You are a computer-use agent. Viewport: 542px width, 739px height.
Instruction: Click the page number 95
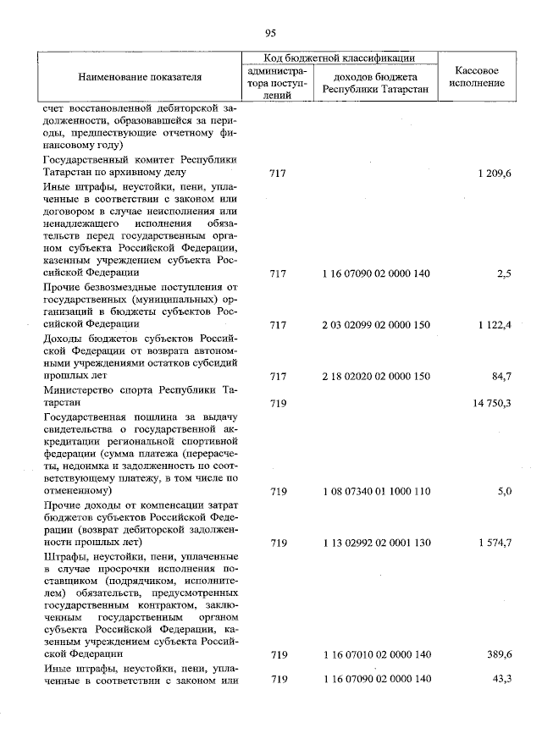(270, 33)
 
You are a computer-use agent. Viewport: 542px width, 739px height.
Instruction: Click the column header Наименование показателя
(140, 77)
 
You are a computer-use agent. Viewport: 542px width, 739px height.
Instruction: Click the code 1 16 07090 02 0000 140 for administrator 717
(377, 273)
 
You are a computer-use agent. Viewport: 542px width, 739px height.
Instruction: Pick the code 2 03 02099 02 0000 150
(377, 324)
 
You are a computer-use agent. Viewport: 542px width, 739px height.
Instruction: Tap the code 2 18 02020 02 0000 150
(377, 375)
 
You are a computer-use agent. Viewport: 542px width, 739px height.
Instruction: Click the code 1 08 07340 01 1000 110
(377, 490)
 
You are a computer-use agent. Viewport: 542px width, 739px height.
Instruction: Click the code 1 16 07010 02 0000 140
(377, 654)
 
